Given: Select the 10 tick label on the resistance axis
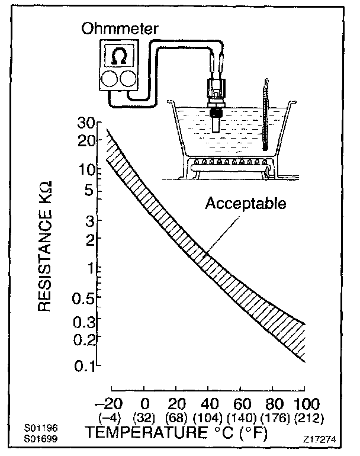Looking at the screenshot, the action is click(86, 169).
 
